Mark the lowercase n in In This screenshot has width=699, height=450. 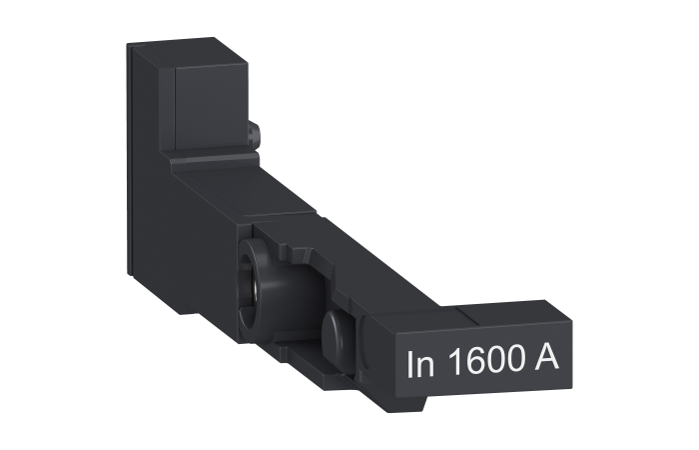tap(426, 366)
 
